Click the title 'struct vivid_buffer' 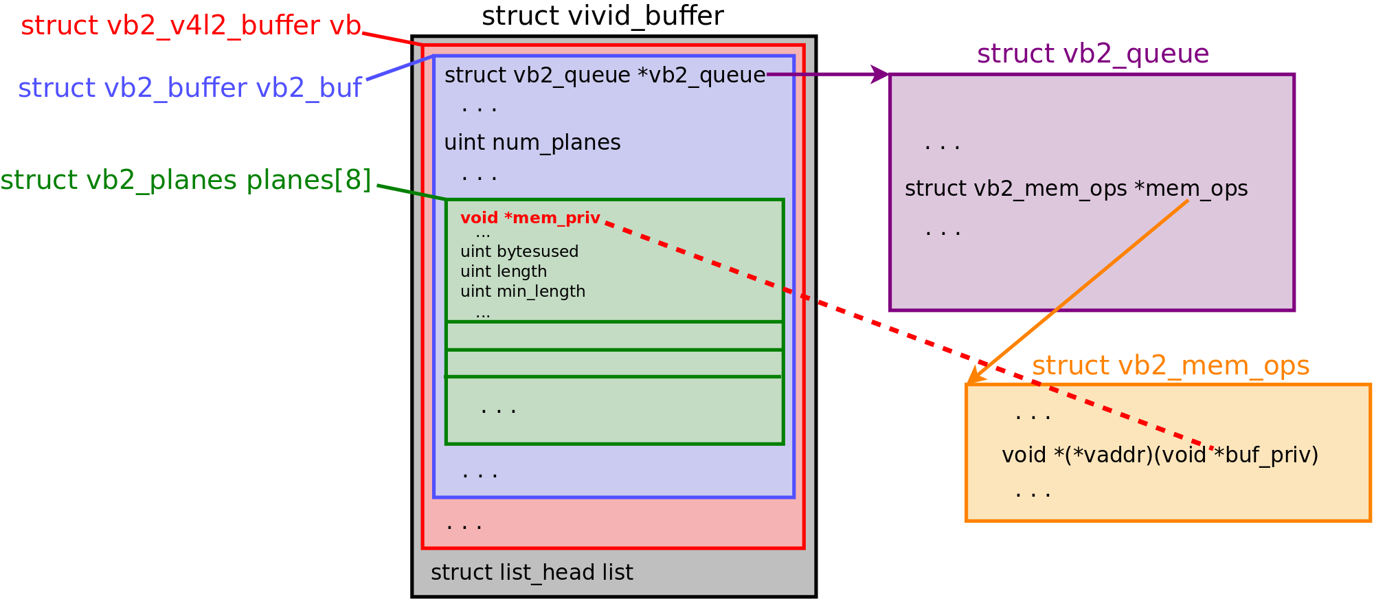[x=602, y=16]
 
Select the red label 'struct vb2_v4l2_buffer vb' [x=191, y=25]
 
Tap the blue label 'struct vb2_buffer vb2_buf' [x=190, y=88]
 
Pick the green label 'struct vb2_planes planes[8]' [x=185, y=180]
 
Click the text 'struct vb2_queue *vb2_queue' [x=605, y=75]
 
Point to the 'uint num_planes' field [x=532, y=142]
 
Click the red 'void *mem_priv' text [x=530, y=218]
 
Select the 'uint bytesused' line [x=519, y=251]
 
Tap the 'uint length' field [x=504, y=271]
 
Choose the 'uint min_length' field [x=523, y=291]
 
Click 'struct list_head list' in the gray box [x=532, y=572]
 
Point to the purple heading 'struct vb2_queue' [x=1093, y=54]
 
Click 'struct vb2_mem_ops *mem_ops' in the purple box [x=1076, y=188]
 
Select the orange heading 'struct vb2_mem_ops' [x=1171, y=365]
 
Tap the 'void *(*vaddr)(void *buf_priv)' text [x=1160, y=455]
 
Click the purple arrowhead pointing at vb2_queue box [x=880, y=74]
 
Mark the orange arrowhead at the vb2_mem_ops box [x=976, y=375]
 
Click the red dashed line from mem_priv [x=908, y=336]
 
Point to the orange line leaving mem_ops [x=1078, y=292]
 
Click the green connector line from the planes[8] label [x=412, y=192]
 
